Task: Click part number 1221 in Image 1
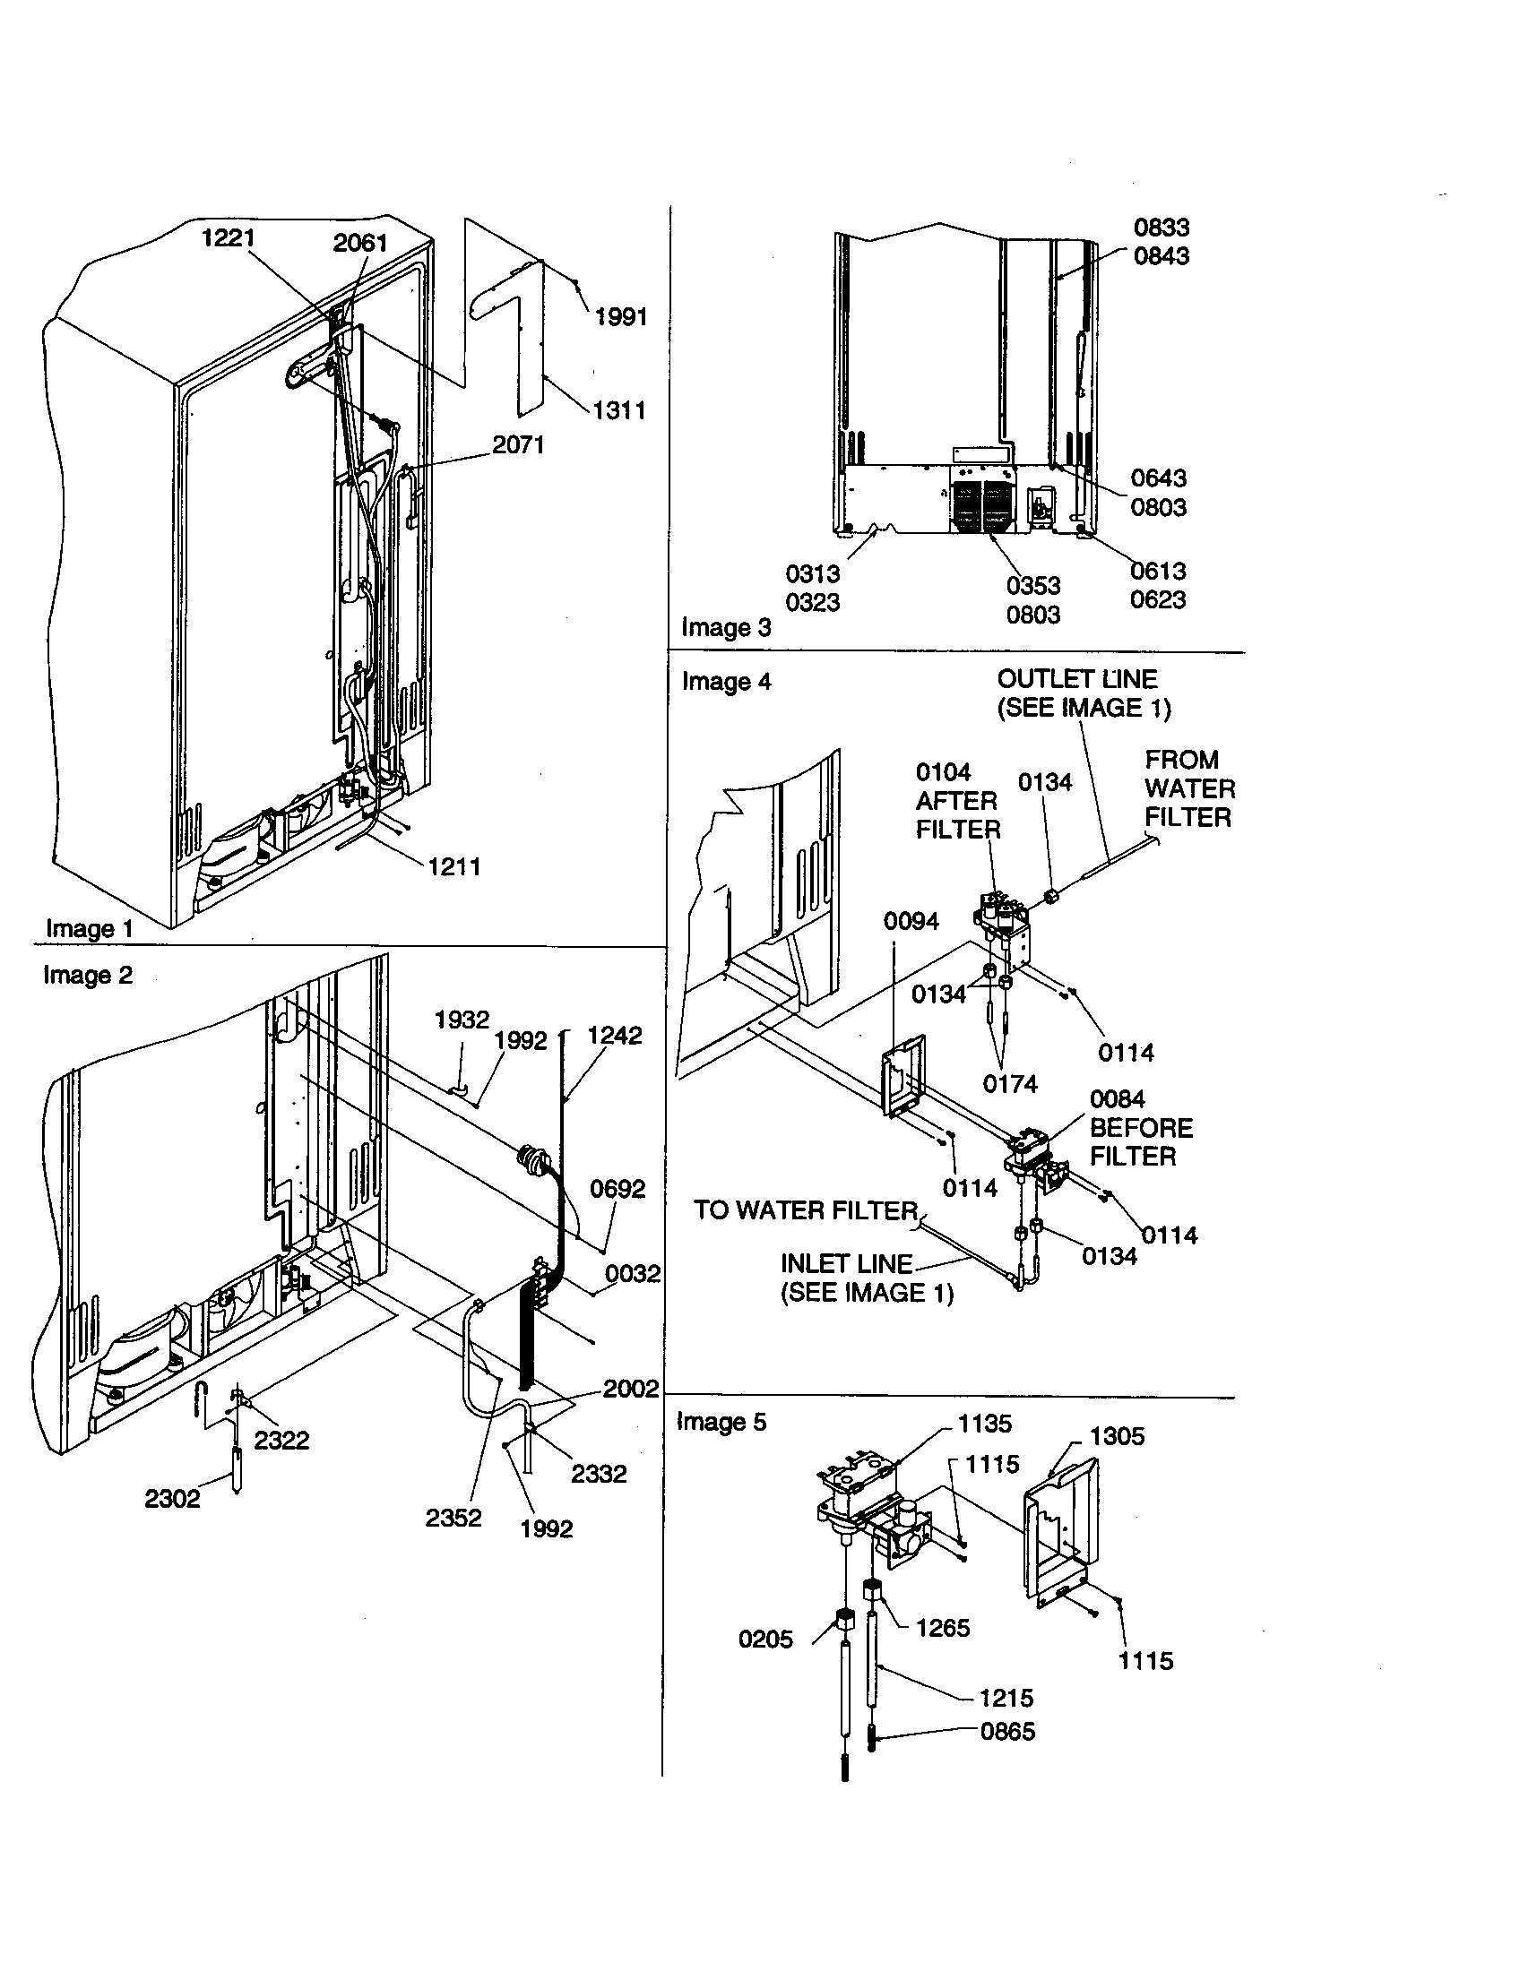(228, 238)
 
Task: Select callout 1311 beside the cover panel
(618, 410)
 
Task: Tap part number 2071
(517, 445)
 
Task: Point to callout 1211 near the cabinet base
(453, 867)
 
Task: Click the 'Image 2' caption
(88, 976)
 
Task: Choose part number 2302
(171, 1499)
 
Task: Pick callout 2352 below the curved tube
(453, 1518)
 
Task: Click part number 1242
(614, 1036)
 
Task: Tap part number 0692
(617, 1190)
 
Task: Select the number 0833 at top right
(1161, 228)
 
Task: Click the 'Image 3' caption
(726, 627)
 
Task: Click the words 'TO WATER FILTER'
(805, 1210)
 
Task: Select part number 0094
(911, 921)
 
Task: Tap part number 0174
(1009, 1084)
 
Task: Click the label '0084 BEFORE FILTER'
(1140, 1128)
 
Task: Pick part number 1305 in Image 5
(1116, 1436)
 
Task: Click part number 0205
(765, 1640)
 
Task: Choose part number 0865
(1007, 1732)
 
